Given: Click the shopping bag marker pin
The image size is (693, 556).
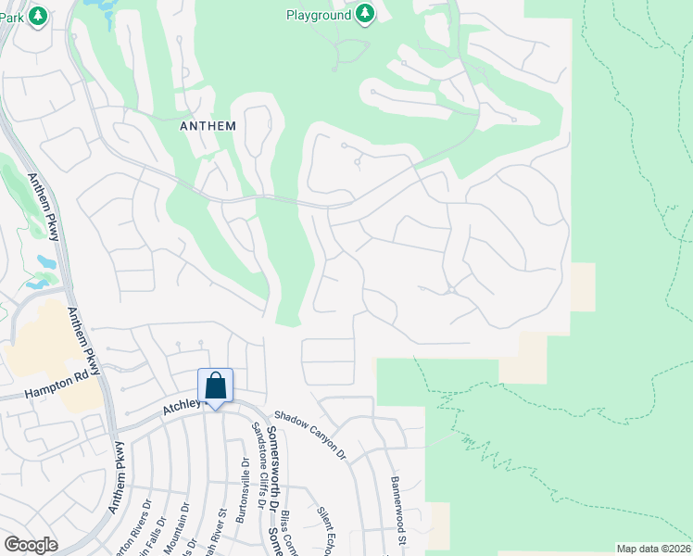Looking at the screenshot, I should point(215,386).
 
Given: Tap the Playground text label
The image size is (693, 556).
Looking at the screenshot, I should point(318,15).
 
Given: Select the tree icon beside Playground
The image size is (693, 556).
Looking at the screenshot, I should point(365,14).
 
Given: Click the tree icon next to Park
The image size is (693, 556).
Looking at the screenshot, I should point(37,16).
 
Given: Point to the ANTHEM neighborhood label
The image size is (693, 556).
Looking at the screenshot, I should point(208,125).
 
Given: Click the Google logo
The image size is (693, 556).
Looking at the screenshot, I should point(31,544).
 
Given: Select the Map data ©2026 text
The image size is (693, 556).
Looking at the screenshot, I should point(653,549).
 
